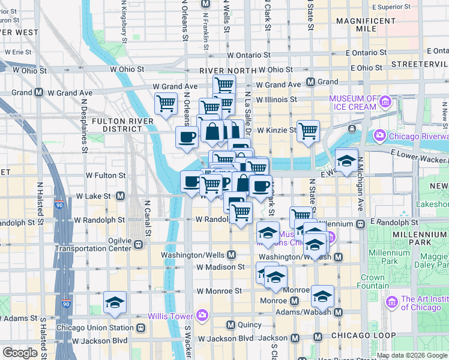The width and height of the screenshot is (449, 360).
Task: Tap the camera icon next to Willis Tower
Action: (x=202, y=316)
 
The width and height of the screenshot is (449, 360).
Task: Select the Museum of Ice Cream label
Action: (x=354, y=103)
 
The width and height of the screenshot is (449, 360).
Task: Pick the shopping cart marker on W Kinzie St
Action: (x=308, y=130)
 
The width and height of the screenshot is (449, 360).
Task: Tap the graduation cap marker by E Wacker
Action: (x=346, y=160)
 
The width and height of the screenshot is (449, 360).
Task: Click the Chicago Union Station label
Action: (x=94, y=328)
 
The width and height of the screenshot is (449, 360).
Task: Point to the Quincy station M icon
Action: (x=231, y=325)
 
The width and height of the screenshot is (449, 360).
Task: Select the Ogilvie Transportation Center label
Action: (x=93, y=244)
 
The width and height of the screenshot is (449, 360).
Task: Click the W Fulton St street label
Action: (x=106, y=176)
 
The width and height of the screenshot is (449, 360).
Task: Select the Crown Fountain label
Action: (x=372, y=281)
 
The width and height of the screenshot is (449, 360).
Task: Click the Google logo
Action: (x=19, y=353)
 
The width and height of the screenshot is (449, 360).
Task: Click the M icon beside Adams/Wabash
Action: (x=338, y=313)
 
